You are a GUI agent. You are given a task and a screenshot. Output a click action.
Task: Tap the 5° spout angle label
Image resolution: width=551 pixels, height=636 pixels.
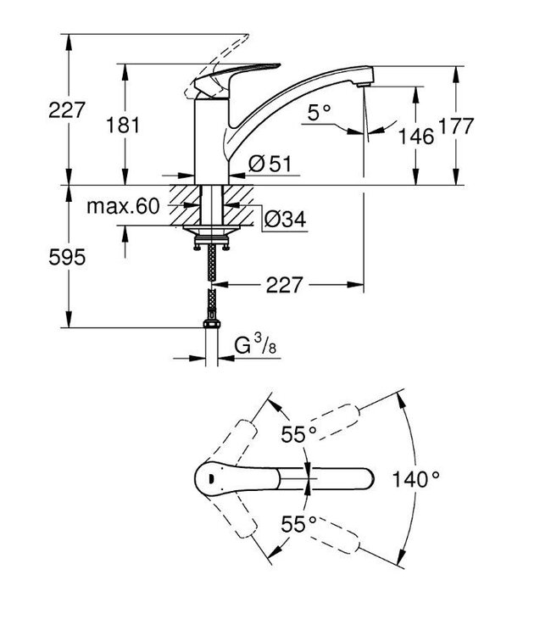pos(319,111)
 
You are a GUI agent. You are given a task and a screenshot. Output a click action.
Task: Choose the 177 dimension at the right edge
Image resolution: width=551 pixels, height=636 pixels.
pos(486,128)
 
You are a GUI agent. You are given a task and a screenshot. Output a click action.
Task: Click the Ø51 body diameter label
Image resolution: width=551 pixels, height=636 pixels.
pos(270,165)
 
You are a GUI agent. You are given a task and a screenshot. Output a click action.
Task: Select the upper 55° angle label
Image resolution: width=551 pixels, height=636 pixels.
pos(298,435)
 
